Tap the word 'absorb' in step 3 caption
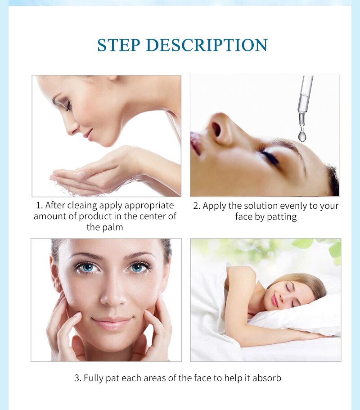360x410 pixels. click(x=266, y=378)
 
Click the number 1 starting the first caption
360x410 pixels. click(x=38, y=205)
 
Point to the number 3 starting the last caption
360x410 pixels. click(x=76, y=378)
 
